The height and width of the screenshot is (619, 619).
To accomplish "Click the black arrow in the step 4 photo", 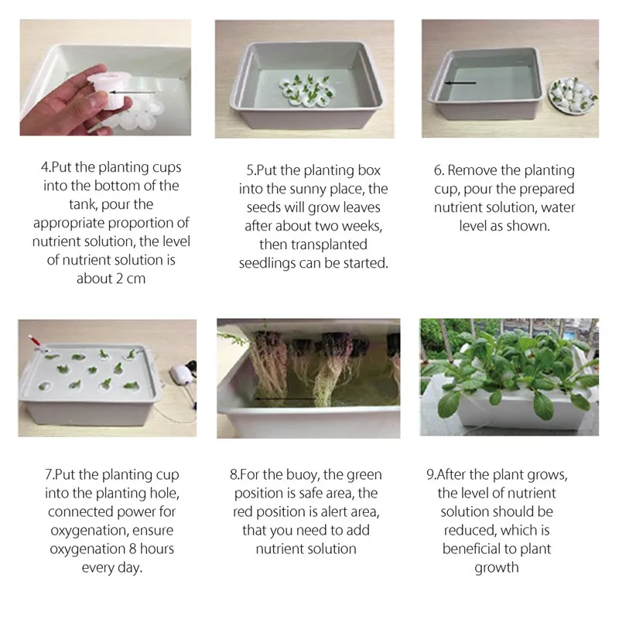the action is tap(132, 92).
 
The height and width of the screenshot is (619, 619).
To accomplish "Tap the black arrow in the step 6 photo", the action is tap(460, 83).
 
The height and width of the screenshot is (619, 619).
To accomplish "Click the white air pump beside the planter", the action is tap(181, 374).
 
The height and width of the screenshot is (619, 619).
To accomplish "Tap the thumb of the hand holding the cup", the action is tap(98, 100).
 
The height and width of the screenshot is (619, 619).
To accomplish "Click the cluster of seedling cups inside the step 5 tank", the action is tap(306, 90).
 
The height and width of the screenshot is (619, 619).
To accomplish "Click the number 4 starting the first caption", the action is tap(44, 167).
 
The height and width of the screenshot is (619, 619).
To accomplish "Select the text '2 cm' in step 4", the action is tap(131, 279).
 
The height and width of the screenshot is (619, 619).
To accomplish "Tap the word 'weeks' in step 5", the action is tap(361, 226).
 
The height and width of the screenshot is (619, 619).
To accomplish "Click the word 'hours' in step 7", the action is tap(157, 549).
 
